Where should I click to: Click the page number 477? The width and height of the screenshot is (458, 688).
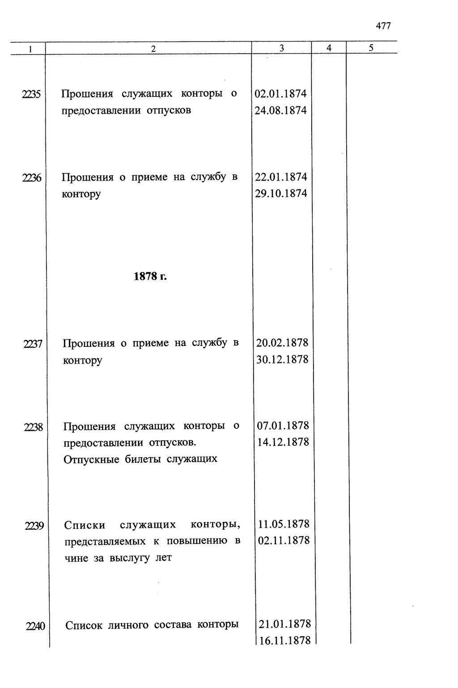383,26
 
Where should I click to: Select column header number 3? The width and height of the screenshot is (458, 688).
281,49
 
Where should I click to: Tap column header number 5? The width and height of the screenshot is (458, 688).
371,48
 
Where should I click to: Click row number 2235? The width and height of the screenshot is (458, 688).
31,94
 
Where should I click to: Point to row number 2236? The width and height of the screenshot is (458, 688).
31,178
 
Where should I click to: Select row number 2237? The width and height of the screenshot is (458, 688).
32,344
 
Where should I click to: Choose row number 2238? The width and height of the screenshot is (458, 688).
33,427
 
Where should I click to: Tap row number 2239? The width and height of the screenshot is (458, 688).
33,526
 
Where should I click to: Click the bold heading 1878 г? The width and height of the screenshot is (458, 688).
150,276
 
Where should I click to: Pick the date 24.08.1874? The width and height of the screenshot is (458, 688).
281,110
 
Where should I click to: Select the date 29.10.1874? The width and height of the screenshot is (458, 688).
281,194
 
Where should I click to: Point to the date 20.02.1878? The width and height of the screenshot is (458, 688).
282,343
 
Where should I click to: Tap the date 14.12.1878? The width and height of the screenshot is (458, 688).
283,442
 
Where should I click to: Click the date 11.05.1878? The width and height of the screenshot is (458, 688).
284,524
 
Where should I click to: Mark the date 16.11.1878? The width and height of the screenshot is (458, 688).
285,640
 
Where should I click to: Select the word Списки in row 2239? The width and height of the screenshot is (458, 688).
85,525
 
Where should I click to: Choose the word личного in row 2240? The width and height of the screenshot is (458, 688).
129,625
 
